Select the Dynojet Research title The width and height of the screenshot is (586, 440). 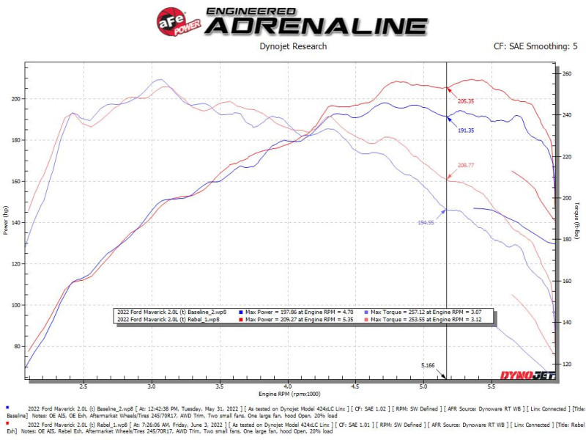coord(293,46)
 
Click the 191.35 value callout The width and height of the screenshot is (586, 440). coord(466,130)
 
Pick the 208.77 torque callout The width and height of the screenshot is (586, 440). coord(466,166)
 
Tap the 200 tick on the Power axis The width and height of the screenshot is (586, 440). coord(16,98)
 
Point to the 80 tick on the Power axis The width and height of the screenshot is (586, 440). coord(18,346)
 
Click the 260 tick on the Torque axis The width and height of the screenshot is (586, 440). coord(565,74)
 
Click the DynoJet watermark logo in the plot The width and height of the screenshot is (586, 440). coord(527,375)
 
